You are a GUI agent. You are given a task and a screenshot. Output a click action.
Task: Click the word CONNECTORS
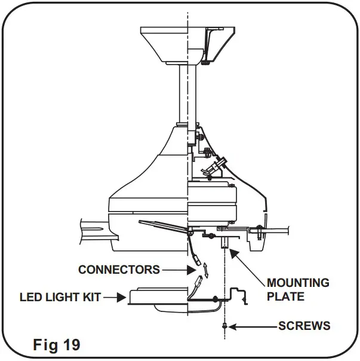(119, 270)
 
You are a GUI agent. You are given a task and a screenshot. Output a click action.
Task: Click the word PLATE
(285, 296)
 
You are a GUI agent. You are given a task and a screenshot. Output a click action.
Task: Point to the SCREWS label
(304, 326)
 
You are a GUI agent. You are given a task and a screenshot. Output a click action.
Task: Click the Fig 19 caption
(56, 345)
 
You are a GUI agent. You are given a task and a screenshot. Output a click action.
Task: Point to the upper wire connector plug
(195, 260)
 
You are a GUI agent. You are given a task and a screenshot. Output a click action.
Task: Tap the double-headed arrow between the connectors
(205, 268)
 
